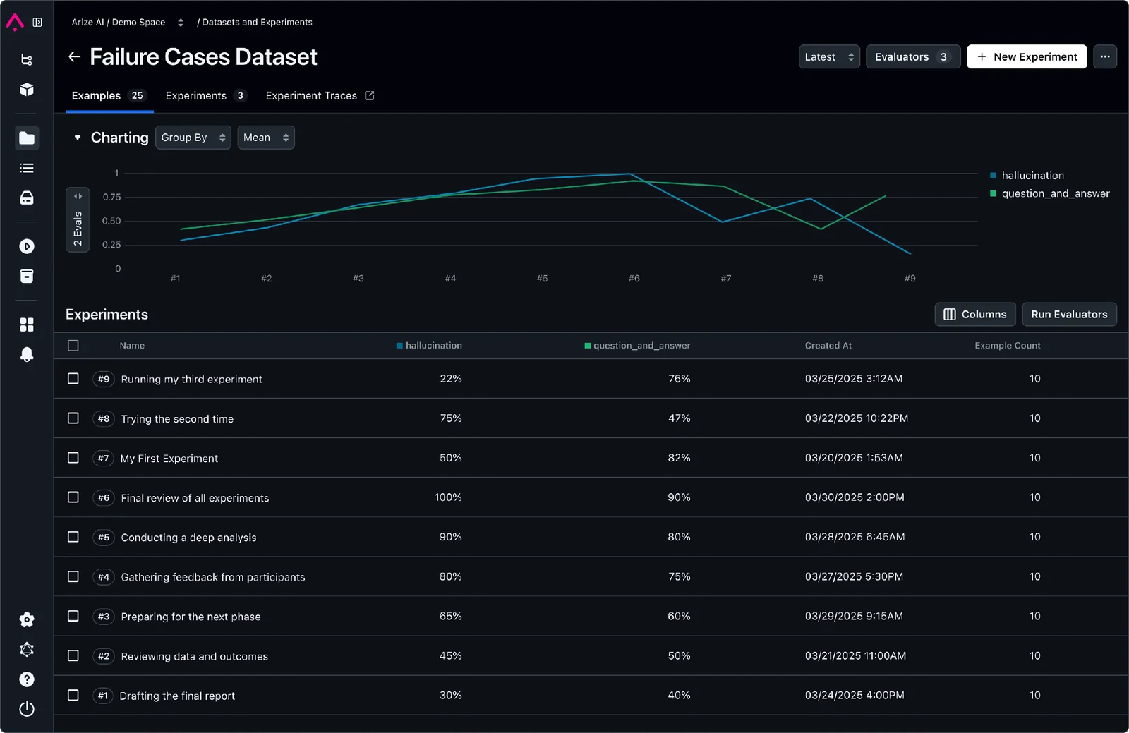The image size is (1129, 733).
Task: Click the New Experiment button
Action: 1027,57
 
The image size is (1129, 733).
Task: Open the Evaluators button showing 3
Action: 912,57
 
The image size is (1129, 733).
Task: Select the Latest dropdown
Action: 828,57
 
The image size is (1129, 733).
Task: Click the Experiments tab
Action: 205,96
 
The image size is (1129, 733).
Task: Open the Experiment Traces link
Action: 319,96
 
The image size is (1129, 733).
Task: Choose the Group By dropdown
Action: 193,138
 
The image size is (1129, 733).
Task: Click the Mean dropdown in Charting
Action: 265,138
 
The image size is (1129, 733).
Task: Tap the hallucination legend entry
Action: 1032,176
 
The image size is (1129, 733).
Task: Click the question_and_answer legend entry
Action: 1055,193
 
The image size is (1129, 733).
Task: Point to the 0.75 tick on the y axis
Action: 111,197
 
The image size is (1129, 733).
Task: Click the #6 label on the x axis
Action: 634,279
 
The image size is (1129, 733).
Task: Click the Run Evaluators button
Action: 1068,315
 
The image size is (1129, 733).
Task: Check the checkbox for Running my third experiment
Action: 73,379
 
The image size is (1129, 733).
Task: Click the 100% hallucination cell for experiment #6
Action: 448,497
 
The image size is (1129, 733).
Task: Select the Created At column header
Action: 828,346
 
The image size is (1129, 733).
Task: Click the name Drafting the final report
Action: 177,696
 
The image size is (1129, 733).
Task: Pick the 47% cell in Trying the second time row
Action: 679,418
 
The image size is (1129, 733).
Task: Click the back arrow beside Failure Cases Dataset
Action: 74,57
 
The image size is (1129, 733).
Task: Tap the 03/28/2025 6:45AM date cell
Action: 854,537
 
